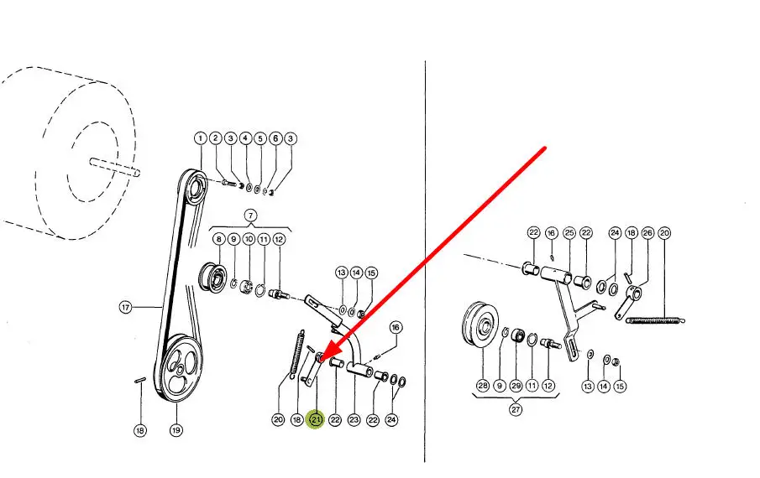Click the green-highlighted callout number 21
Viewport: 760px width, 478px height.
[x=316, y=419]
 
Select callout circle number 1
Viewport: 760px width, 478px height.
[x=201, y=138]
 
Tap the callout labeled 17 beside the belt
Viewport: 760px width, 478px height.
[x=125, y=307]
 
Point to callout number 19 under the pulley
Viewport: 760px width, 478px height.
[x=176, y=429]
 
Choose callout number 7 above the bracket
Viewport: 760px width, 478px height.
[x=250, y=216]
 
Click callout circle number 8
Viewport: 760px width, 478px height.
[x=219, y=239]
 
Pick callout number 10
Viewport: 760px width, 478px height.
[x=249, y=239]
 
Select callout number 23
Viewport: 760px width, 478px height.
[x=354, y=419]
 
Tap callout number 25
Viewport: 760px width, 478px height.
[x=569, y=233]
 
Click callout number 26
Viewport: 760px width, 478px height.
[x=647, y=233]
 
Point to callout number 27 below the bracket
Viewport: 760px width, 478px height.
[x=516, y=409]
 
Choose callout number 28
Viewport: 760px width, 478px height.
[x=483, y=386]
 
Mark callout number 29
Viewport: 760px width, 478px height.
[x=516, y=386]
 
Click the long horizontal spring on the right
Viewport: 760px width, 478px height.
[x=655, y=320]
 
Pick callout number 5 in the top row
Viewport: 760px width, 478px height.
[x=260, y=138]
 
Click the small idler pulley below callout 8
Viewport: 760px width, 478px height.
[x=212, y=277]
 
